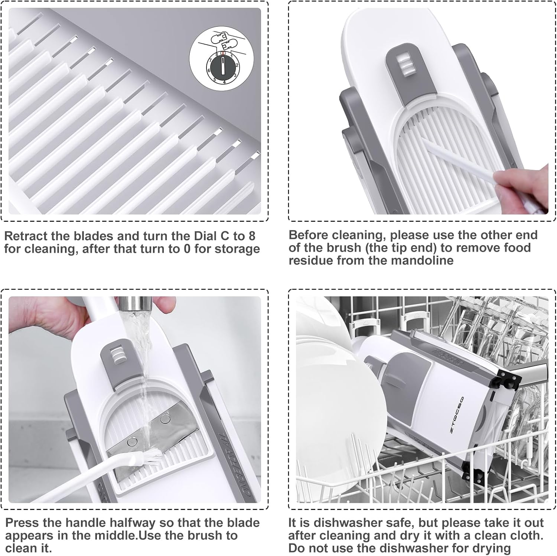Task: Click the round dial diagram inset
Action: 222,62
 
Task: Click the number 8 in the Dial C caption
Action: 252,236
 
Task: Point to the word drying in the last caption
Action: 492,549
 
